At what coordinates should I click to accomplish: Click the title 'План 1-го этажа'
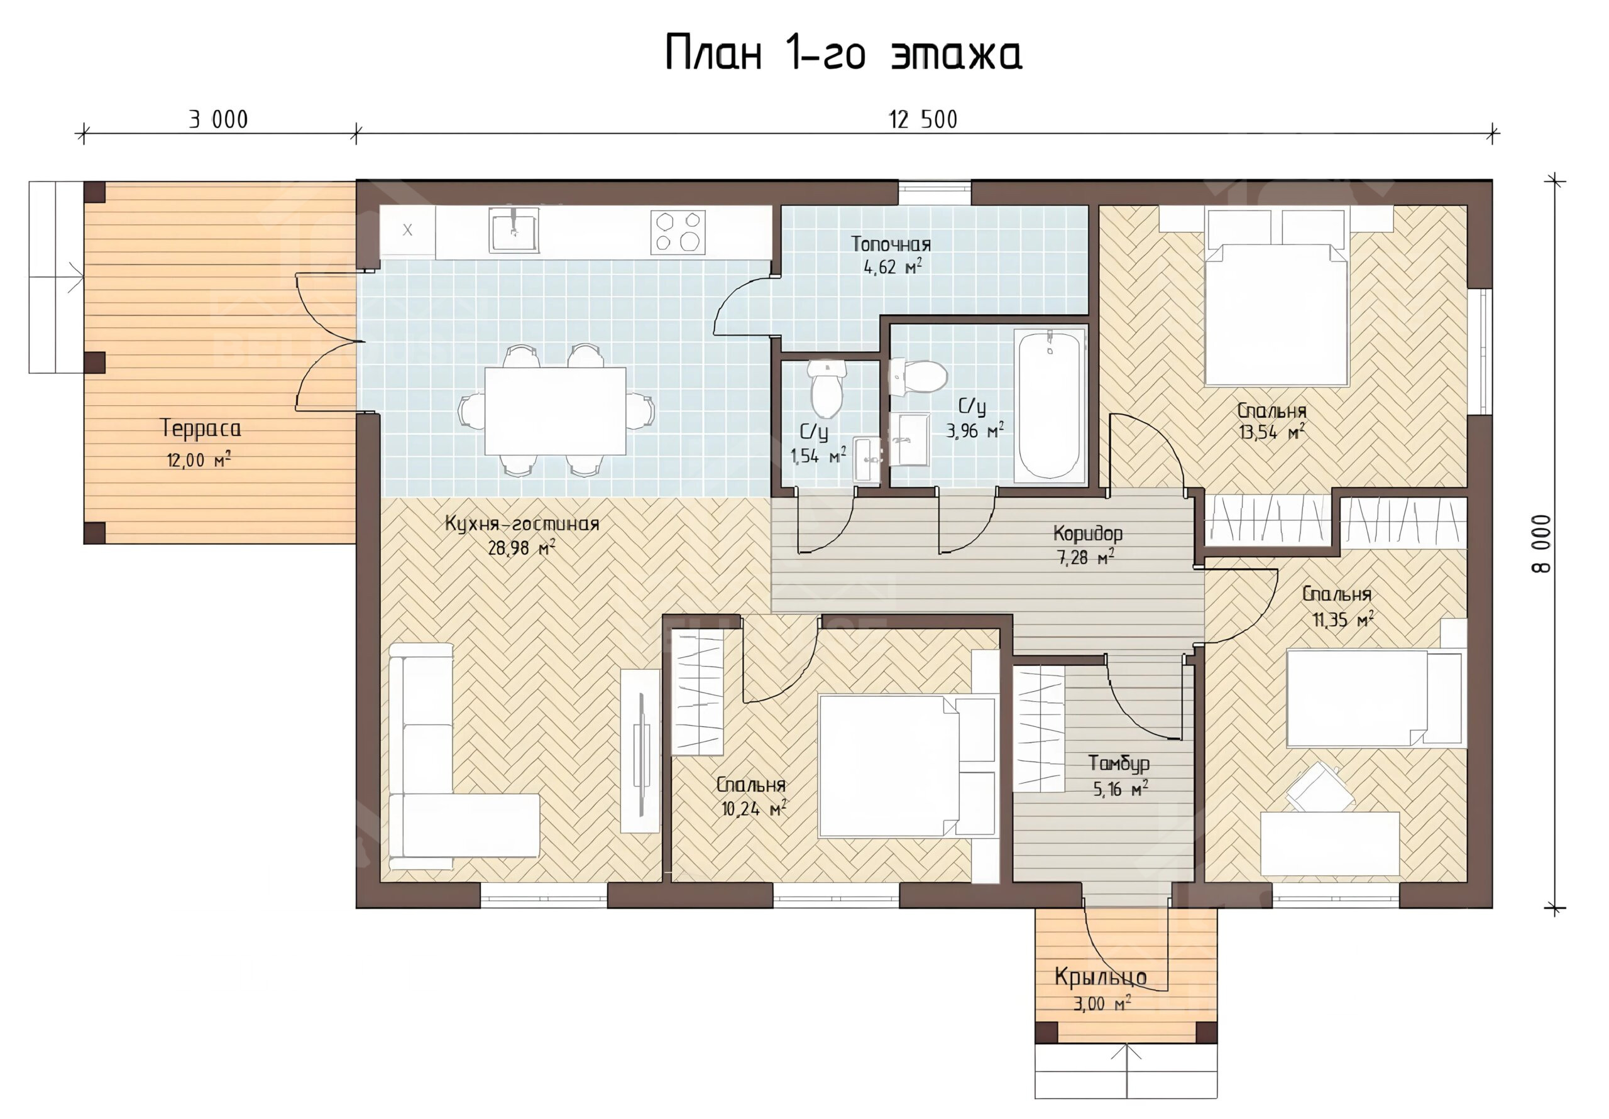point(843,53)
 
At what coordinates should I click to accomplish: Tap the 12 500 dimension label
point(923,120)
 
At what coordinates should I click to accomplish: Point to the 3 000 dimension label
point(218,120)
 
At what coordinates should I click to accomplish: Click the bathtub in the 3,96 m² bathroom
point(1049,406)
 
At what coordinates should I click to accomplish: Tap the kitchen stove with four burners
point(678,231)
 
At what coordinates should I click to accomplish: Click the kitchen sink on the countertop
point(513,229)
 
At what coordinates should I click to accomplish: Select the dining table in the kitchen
point(555,412)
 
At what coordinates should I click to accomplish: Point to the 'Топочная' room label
point(891,244)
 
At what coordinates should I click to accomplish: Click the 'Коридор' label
point(1087,534)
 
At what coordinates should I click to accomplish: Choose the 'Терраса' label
point(201,428)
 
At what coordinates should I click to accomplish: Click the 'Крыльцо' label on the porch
point(1101,977)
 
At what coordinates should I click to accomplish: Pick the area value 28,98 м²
point(522,548)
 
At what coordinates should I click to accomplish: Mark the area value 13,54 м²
point(1272,432)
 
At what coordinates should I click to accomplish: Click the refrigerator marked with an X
point(407,231)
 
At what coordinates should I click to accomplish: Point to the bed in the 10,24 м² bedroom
point(908,766)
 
